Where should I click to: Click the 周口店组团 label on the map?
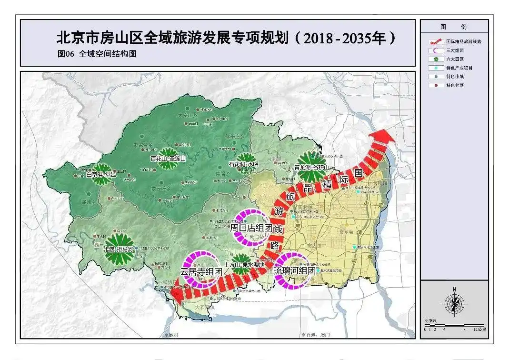(x=251, y=228)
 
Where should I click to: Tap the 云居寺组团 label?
(x=201, y=271)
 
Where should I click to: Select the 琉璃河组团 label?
(x=294, y=270)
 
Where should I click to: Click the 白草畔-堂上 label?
(x=102, y=174)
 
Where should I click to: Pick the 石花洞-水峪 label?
(x=243, y=164)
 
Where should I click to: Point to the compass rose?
(x=455, y=303)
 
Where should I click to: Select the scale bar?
(x=454, y=325)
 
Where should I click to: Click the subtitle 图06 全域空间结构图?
(x=97, y=54)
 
